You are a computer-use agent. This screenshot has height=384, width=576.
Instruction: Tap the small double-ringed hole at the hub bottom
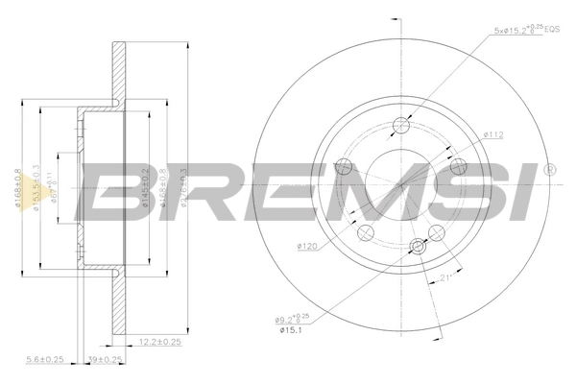point(419,246)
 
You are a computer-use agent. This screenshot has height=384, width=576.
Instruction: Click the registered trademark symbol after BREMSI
point(549,170)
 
